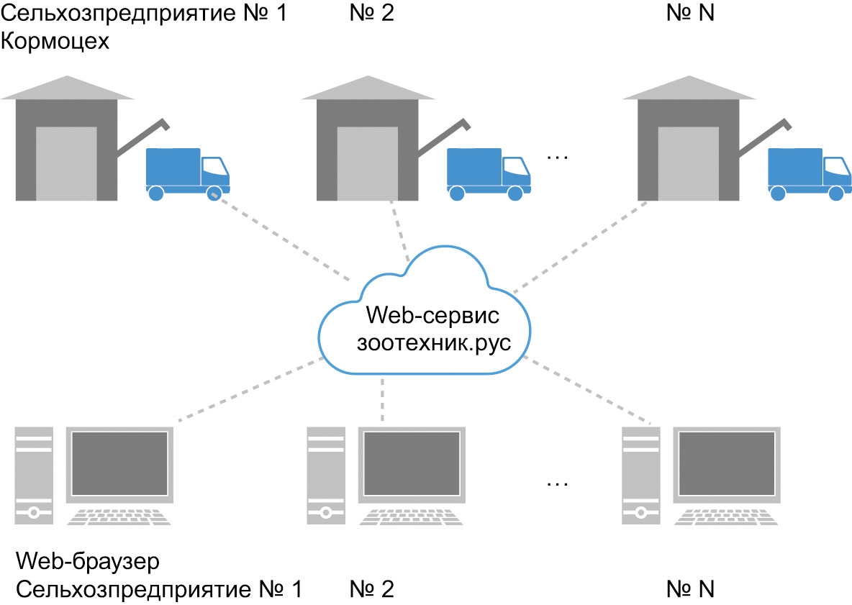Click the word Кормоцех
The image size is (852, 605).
pos(55,41)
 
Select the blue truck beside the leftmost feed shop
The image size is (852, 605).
pos(188,174)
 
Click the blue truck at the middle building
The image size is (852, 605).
pos(489,174)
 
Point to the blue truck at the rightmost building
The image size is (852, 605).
pos(810,174)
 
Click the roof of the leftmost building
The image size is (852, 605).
pos(67,88)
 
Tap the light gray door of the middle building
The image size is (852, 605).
pos(367,163)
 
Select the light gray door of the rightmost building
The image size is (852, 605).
pos(688,163)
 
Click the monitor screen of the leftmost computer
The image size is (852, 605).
pos(119,463)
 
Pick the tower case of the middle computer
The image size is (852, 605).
pos(326,476)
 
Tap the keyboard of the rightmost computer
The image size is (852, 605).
pos(726,517)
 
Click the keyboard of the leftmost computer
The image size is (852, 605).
pos(119,517)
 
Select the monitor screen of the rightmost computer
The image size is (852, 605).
pos(727,463)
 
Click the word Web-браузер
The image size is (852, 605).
pos(88,561)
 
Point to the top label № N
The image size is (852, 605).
pos(690,13)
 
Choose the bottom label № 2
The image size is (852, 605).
pos(371,589)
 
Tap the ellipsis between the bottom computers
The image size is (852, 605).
pos(558,483)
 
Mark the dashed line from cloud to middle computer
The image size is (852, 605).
pos(383,400)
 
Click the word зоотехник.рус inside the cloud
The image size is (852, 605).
pos(434,344)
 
